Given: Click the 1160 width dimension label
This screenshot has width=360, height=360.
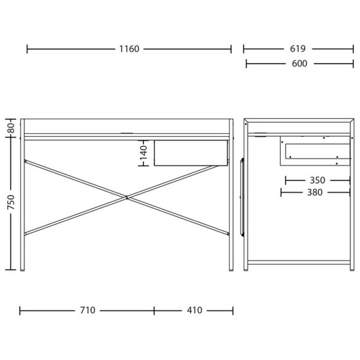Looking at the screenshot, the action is coord(129,49).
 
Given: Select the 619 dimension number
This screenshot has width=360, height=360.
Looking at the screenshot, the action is coord(298,49).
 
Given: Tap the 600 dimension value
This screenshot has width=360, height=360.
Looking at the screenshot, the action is coord(299,64).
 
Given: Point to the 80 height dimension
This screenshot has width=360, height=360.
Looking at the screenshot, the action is coord(11,128).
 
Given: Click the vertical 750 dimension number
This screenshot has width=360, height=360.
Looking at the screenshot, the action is coord(11,202).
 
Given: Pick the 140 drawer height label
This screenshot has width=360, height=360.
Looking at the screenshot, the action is coord(143,152).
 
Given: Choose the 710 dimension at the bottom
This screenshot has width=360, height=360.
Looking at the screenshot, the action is coord(88,310).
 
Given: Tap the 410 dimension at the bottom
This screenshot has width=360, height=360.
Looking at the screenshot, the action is coord(194,310).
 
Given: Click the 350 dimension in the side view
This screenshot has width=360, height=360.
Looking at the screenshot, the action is coord(317,180).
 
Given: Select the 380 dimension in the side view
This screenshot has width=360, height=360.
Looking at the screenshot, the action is coord(315,193).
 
